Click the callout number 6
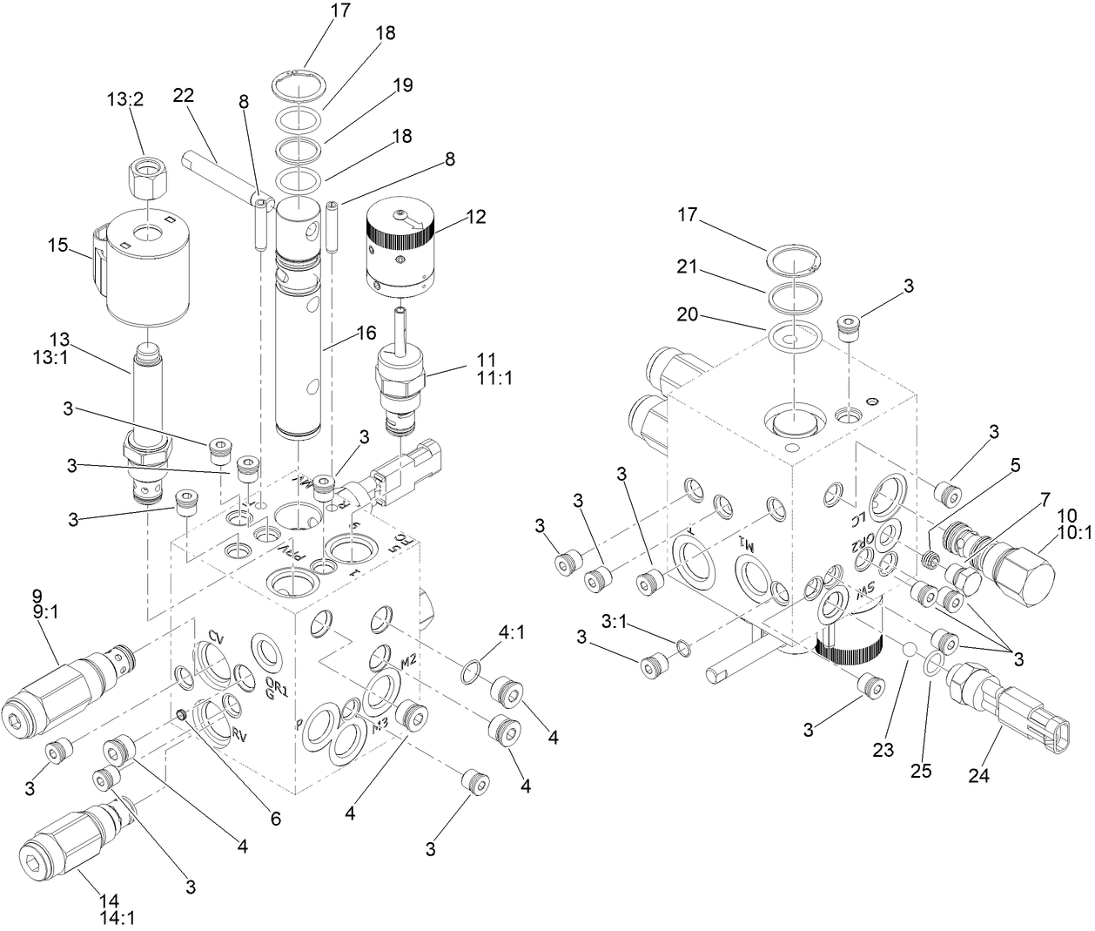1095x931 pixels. tap(275, 818)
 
